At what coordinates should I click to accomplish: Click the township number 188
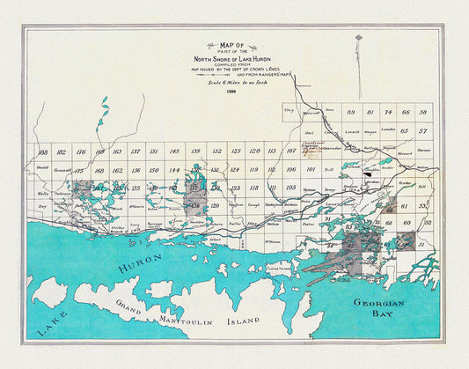point(42,153)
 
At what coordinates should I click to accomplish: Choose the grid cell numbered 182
point(61,153)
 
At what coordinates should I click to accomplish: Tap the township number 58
point(424,112)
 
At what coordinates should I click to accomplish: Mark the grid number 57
point(423,130)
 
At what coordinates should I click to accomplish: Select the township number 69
point(350,112)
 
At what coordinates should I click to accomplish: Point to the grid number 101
point(311,168)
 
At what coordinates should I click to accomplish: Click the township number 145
point(174,151)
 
